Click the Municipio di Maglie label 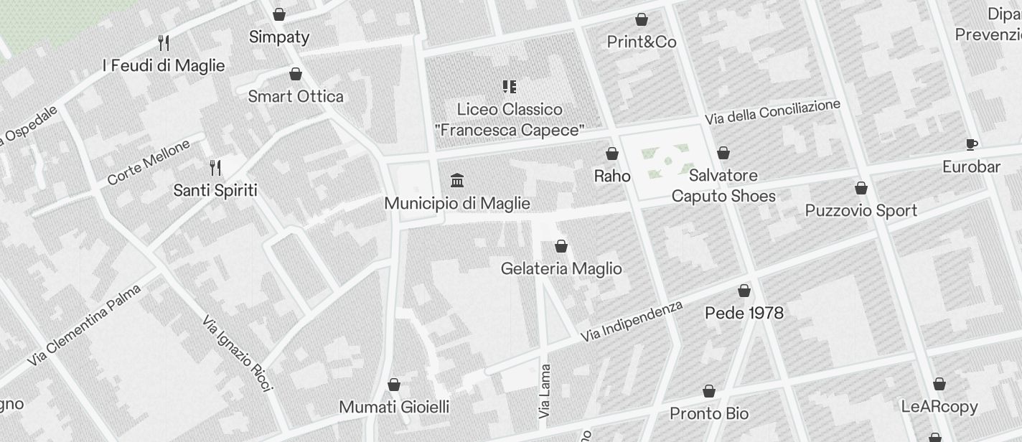coord(457,203)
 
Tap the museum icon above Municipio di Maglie coord(456,179)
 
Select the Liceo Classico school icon coord(509,87)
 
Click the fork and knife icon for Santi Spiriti coord(215,168)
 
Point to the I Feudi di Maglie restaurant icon coord(164,43)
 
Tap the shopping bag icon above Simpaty coord(279,14)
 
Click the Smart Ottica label coord(295,96)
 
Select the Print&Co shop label coord(642,42)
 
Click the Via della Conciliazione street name coord(772,112)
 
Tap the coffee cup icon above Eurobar coord(971,144)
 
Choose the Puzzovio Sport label coord(861,210)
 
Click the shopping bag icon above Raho coord(612,154)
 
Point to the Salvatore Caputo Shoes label coord(723,185)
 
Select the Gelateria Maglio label coord(561,268)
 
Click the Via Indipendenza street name coord(632,321)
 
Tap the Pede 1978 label coord(744,313)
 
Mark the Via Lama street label coord(545,392)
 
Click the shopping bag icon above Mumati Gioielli coord(393,385)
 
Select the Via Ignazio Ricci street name coord(238,354)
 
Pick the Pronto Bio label coord(708,413)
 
